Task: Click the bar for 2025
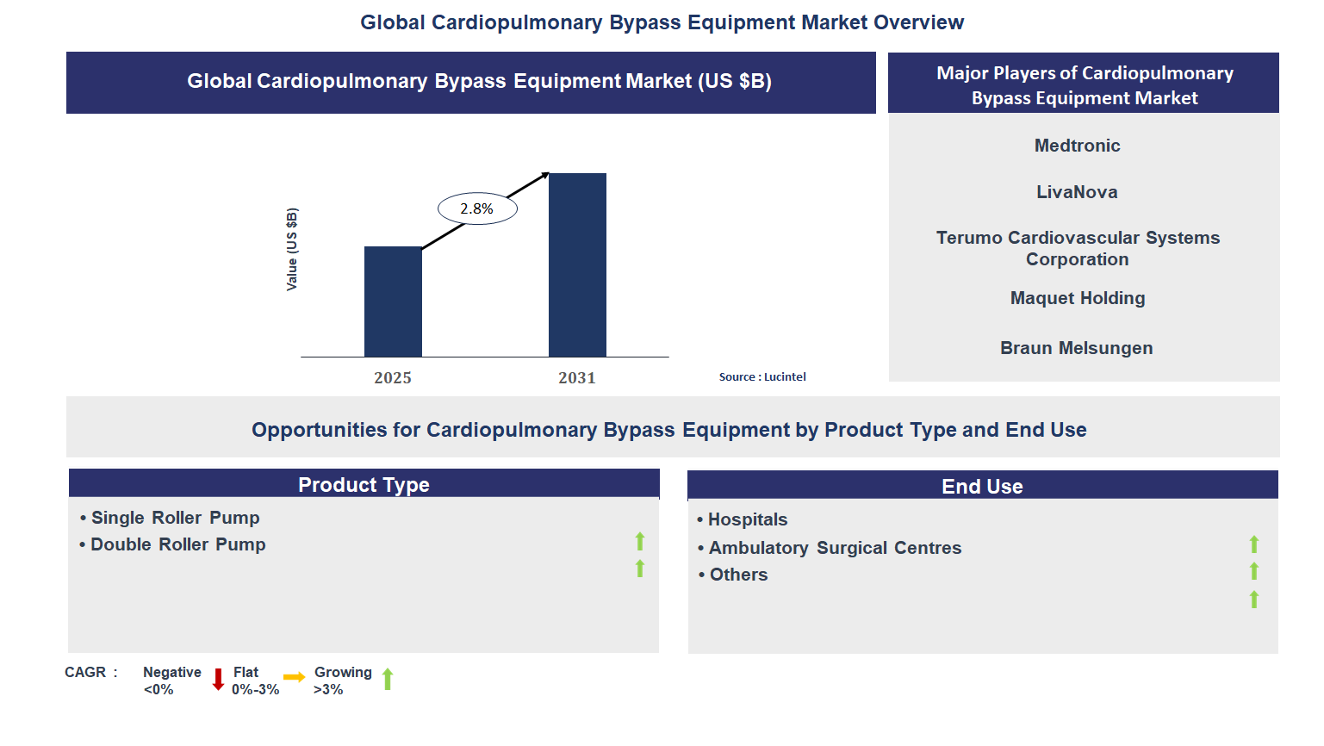pos(393,302)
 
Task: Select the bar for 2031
pos(577,265)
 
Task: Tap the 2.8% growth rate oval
pos(477,208)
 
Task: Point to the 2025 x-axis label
pos(393,378)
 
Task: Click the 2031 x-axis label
pos(577,378)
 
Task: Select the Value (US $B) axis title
pos(292,249)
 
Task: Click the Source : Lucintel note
pos(762,377)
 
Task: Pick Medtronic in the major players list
pos(1077,146)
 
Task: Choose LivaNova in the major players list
pos(1077,192)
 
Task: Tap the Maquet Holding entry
pos(1078,298)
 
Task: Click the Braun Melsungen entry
pos(1076,348)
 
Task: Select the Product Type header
pos(364,485)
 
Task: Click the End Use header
pos(982,487)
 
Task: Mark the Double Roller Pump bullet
pos(177,544)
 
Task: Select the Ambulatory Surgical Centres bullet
pos(834,548)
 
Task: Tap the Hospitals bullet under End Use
pos(747,519)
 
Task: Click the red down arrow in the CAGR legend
pos(218,680)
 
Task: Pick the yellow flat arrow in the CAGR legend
pos(294,677)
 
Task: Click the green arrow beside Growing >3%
pos(388,680)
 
